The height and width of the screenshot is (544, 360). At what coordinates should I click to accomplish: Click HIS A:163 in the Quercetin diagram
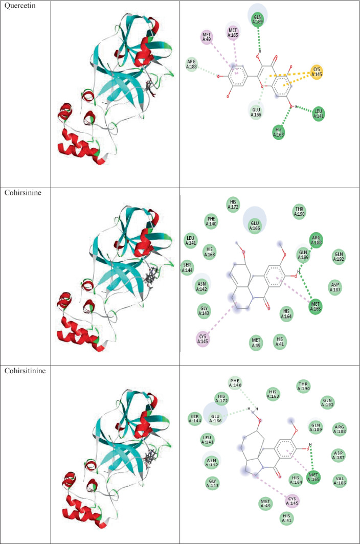point(279,131)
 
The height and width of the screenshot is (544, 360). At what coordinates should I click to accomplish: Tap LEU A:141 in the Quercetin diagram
point(320,112)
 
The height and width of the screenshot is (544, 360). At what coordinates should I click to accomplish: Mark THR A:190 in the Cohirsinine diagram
point(299,211)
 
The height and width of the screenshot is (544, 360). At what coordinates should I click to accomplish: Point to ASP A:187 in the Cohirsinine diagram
point(335,286)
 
